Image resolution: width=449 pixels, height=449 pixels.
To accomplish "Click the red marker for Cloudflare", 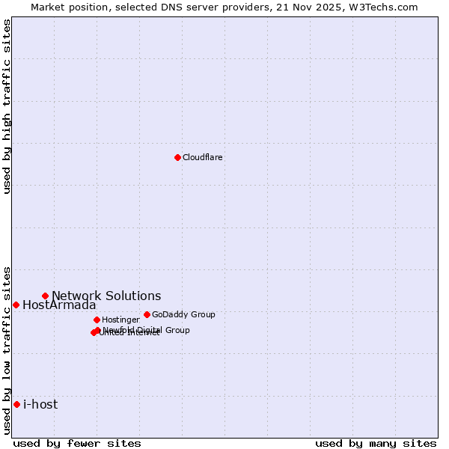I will (177, 157).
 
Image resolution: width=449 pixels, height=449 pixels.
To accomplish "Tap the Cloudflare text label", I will (202, 157).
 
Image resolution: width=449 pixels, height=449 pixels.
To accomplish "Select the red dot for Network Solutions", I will (45, 296).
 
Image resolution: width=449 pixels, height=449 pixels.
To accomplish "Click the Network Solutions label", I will (106, 296).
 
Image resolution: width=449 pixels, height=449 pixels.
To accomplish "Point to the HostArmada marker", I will (16, 305).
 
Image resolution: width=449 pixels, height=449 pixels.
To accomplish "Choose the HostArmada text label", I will (59, 305).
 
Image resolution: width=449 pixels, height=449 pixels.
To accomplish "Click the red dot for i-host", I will (16, 404).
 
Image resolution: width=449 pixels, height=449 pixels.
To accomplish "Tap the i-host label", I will (40, 404).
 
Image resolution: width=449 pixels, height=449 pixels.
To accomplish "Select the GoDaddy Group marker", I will (147, 314).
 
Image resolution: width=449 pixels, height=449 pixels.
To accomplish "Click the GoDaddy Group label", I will (183, 314).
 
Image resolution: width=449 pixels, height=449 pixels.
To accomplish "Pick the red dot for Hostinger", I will (97, 320).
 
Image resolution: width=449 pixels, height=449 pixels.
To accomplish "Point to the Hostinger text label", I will (120, 320).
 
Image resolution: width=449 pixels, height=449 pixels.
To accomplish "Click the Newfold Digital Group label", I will (147, 329).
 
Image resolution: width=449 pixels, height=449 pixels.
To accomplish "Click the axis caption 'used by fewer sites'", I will (77, 443).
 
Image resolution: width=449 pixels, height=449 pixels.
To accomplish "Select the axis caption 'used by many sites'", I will (376, 443).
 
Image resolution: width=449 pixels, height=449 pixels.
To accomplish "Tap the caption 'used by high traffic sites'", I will (7, 106).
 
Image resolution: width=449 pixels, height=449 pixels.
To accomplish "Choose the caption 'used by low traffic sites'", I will (7, 349).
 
